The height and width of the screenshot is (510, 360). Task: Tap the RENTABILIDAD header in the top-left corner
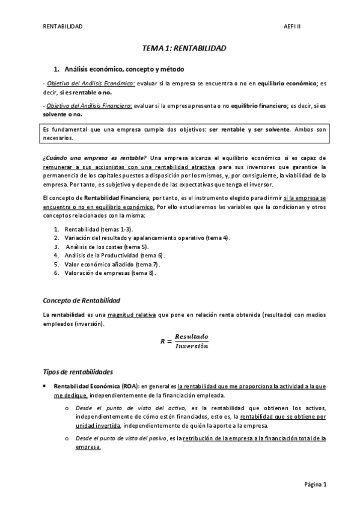63,26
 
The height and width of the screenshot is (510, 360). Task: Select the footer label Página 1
314,484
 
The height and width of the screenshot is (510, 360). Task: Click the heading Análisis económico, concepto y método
124,69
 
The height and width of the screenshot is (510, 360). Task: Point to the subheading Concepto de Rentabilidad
82,300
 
